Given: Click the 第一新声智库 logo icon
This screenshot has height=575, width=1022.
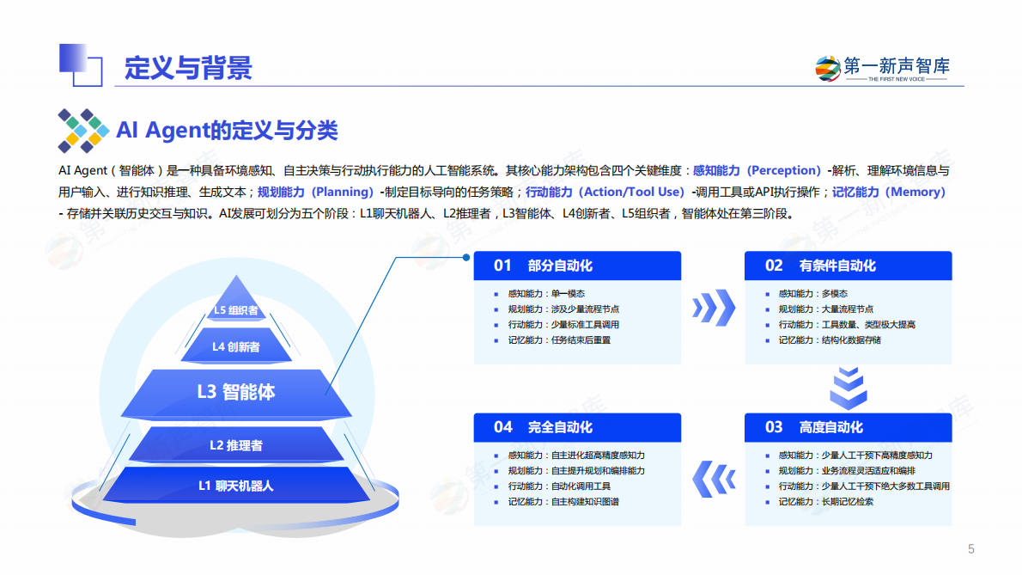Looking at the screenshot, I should click(828, 68).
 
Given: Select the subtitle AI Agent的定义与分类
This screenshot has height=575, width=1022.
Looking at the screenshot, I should click(227, 131).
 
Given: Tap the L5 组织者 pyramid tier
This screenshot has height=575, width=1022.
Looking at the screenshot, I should click(235, 310).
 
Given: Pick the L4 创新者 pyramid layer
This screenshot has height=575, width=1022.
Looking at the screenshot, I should click(236, 346).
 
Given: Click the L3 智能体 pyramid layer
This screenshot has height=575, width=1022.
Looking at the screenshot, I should click(236, 392).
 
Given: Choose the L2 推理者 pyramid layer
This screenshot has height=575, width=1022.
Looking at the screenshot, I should click(236, 445).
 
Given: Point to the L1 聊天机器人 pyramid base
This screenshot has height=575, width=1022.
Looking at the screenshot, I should click(236, 486).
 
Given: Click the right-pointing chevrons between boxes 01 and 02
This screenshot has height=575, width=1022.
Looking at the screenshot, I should click(714, 303).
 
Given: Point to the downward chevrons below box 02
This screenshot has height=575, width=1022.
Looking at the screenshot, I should click(848, 388).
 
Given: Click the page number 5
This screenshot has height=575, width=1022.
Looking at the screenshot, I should click(971, 549).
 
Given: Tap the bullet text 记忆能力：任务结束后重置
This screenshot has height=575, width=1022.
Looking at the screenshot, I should click(559, 340).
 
